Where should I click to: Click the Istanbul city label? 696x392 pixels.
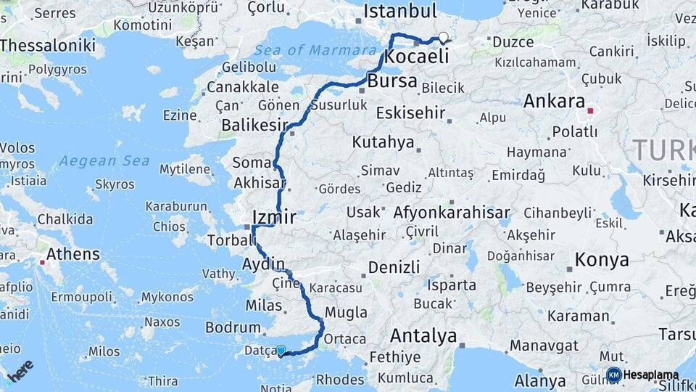click(400, 12)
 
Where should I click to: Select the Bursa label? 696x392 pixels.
click(392, 81)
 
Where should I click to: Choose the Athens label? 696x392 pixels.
click(73, 254)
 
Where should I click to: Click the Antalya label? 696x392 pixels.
click(423, 335)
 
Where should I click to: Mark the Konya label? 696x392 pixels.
click(601, 259)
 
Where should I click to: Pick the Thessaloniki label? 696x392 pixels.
click(48, 45)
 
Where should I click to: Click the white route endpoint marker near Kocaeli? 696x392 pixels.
click(443, 38)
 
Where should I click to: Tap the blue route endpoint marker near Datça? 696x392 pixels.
click(281, 350)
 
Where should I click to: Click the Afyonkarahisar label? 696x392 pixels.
click(451, 213)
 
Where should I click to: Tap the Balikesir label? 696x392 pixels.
click(254, 125)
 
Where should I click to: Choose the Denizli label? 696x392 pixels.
click(394, 267)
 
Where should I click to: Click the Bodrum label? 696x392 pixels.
click(233, 327)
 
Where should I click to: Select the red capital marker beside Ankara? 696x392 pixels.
click(591, 111)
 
